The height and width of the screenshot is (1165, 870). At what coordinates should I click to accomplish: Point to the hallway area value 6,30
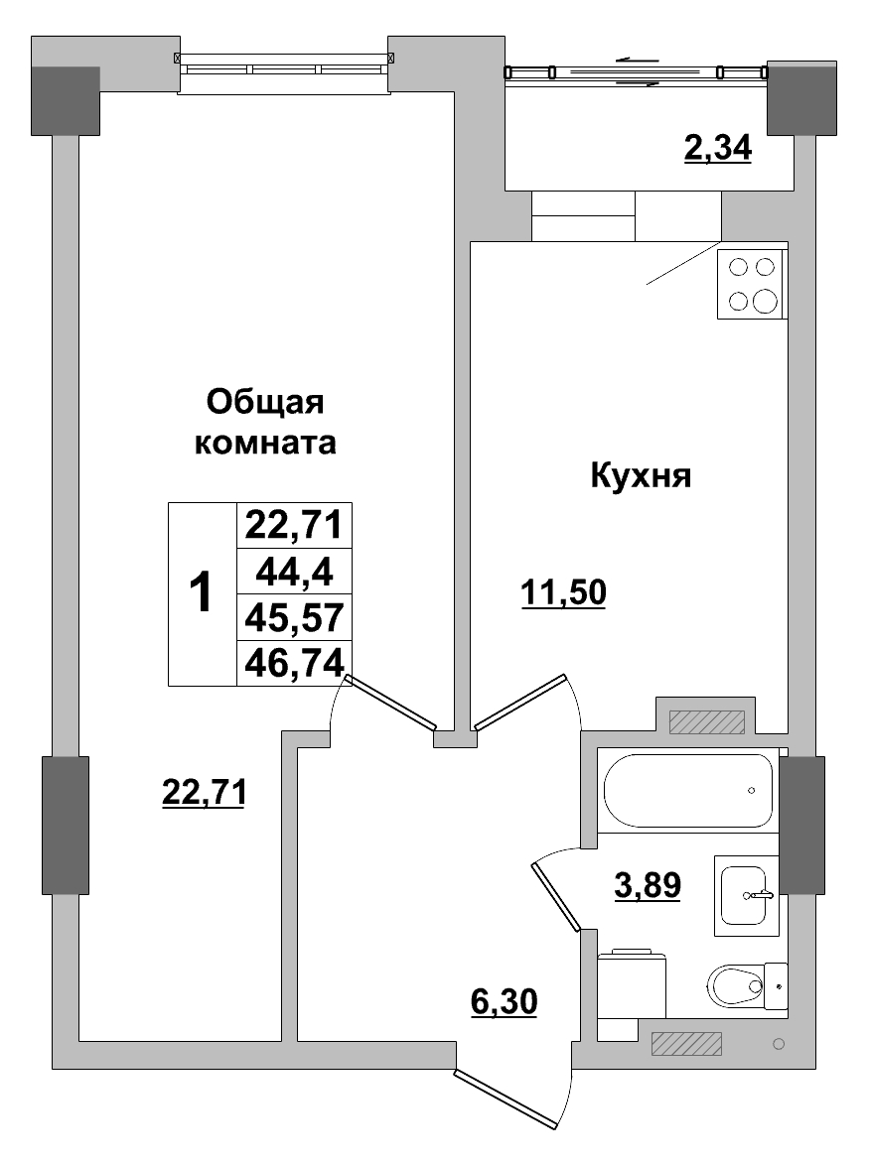tap(504, 1002)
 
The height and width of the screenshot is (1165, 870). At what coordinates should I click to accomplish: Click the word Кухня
tap(640, 476)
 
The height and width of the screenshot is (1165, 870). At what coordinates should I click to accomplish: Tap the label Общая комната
tap(265, 422)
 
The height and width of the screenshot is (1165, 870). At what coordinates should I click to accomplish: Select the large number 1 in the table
tap(201, 593)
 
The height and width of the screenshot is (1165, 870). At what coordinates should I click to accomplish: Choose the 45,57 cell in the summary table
tap(294, 617)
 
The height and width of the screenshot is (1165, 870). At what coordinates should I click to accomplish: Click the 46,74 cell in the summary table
tap(294, 663)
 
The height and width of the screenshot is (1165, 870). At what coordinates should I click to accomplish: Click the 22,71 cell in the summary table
tap(294, 524)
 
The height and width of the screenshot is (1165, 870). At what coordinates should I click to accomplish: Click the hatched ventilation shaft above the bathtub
tap(706, 721)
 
